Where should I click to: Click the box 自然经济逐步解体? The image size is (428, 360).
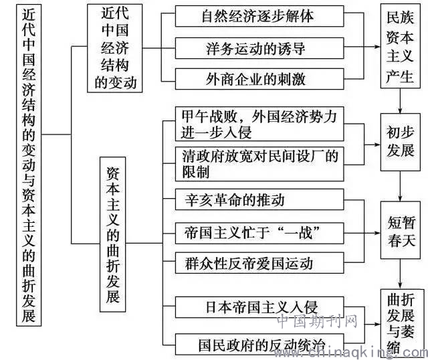[x=259, y=16]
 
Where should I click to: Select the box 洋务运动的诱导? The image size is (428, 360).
[x=259, y=48]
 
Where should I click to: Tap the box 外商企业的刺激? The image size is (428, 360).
[x=259, y=79]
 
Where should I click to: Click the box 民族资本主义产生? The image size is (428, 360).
[x=400, y=46]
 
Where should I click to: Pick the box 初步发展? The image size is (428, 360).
[x=400, y=142]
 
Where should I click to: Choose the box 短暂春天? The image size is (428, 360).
[x=400, y=230]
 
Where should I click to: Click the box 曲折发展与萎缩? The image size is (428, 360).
[x=400, y=324]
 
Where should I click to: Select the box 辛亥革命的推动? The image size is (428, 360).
[x=259, y=199]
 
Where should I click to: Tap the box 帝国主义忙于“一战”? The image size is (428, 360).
[x=259, y=234]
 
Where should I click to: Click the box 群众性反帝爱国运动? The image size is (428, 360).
[x=259, y=263]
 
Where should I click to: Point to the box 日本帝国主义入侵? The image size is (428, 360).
[x=259, y=307]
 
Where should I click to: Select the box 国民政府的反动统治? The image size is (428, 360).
[x=259, y=344]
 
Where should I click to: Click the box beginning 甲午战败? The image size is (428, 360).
[x=259, y=124]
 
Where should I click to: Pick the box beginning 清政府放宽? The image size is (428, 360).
[x=259, y=164]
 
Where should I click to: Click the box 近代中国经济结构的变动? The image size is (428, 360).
[x=114, y=48]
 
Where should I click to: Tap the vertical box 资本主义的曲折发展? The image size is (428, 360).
[x=113, y=234]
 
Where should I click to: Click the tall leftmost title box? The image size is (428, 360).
[x=29, y=165]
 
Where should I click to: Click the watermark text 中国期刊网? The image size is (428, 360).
[x=317, y=321]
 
